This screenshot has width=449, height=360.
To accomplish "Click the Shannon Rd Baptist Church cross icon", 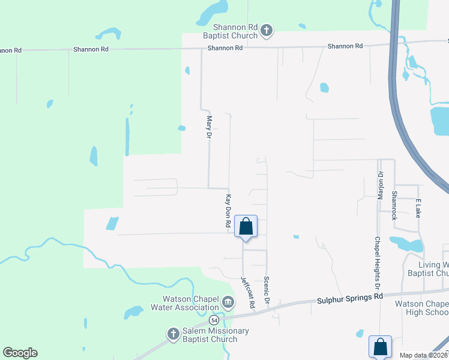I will coord(267,29).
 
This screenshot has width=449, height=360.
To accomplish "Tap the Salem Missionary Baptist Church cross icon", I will coord(173,334).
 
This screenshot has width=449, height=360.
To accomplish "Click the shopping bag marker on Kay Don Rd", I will coord(246,227).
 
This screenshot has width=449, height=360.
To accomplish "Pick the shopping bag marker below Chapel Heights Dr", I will coord(380,347).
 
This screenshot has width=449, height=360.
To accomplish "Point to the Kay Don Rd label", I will coord(229,210).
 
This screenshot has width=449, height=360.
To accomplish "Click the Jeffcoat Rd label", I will coord(248,293).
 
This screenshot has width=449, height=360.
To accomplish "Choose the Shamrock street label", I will coord(394,205).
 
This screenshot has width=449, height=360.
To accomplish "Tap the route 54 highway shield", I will coord(214,321).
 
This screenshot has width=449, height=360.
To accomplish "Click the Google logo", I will coord(20,353).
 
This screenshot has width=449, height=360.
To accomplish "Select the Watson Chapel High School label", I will coord(421,308).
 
